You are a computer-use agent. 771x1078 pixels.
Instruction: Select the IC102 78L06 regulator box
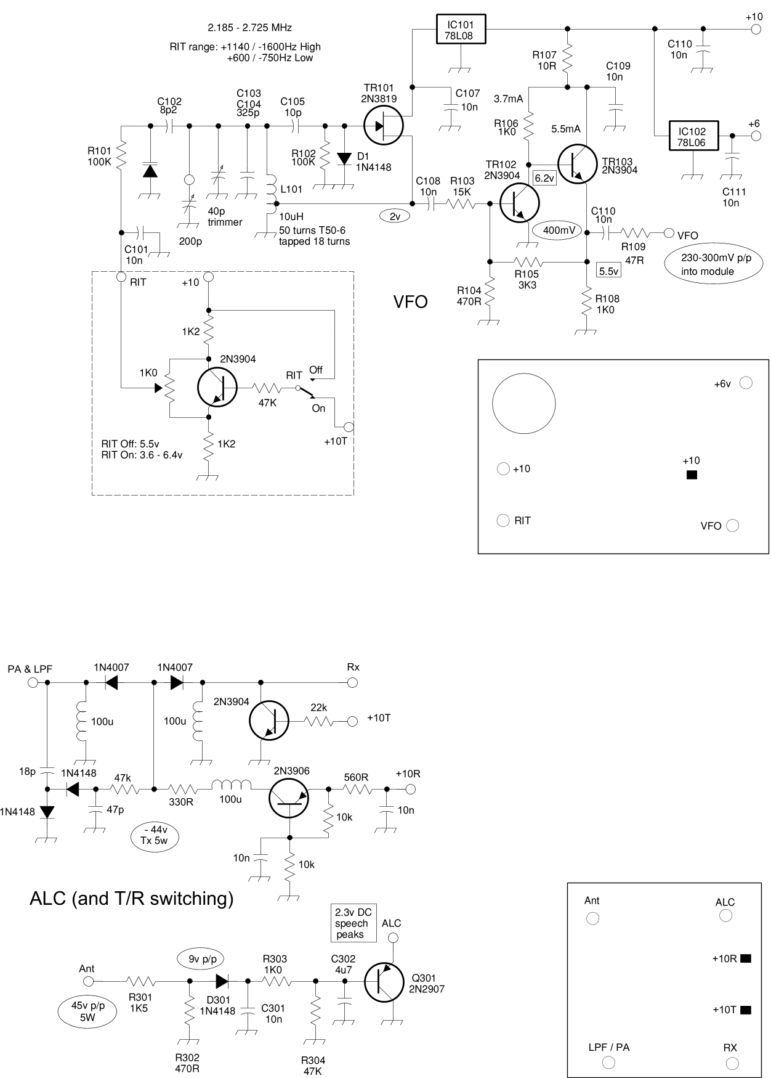point(692,136)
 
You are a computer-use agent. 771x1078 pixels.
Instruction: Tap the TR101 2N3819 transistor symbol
point(383,126)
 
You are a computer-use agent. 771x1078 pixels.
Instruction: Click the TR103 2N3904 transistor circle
point(577,163)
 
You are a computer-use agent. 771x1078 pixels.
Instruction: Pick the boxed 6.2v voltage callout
point(544,179)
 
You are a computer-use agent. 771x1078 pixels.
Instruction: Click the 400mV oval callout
point(559,231)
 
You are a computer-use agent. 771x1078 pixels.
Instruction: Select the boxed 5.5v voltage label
point(608,271)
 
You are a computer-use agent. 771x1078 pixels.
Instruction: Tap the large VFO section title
point(410,302)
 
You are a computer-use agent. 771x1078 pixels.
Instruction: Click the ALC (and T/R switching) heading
point(131,899)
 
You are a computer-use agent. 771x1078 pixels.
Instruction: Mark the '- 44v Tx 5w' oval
point(155,835)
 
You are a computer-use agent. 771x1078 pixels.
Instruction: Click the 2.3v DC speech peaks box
point(354,923)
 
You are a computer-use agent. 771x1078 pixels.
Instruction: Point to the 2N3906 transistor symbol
point(289,798)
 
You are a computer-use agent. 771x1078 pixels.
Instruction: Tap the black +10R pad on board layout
point(746,958)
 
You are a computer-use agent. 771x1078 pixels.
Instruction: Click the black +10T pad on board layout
point(746,1010)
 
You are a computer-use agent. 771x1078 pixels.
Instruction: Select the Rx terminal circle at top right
point(352,682)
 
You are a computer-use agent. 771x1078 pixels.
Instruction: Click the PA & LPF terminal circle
point(33,682)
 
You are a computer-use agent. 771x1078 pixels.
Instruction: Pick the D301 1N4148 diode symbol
point(222,981)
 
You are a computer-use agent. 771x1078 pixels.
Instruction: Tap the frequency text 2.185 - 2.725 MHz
point(249,28)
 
